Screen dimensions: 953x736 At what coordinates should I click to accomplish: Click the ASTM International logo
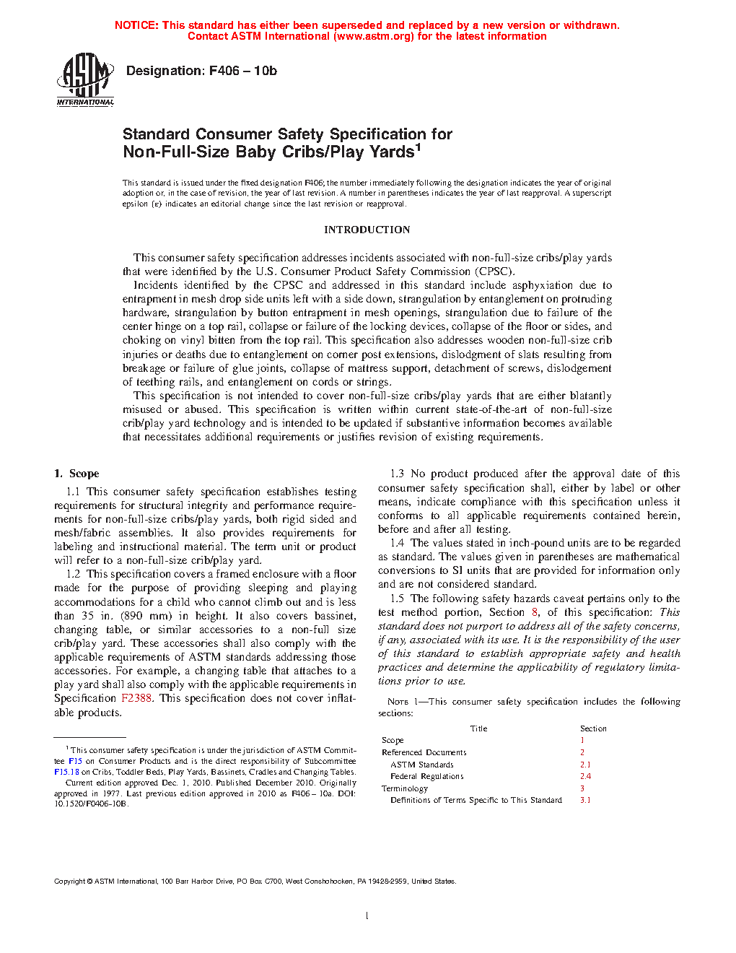[x=85, y=79]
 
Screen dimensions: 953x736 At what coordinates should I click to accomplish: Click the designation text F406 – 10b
[x=201, y=71]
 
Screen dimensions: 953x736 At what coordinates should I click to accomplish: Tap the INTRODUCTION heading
[x=367, y=230]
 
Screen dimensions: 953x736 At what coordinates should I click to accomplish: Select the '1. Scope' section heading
[x=76, y=474]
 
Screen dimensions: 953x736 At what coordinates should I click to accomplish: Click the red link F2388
[x=136, y=698]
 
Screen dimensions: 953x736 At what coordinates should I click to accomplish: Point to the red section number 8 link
[x=535, y=612]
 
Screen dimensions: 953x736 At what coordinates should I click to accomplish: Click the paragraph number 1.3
[x=397, y=474]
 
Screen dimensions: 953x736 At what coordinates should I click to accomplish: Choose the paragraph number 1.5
[x=397, y=599]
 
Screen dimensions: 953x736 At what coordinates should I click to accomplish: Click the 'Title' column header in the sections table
[x=478, y=728]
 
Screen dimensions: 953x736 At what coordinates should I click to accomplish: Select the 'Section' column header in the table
[x=593, y=728]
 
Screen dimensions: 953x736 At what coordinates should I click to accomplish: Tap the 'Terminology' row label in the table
[x=405, y=788]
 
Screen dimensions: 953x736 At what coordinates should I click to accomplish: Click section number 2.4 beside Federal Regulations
[x=585, y=776]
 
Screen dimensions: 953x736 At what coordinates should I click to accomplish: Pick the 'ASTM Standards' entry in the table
[x=422, y=765]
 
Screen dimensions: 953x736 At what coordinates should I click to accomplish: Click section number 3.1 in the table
[x=585, y=800]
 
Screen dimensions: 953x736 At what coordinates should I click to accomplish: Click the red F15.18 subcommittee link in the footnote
[x=66, y=772]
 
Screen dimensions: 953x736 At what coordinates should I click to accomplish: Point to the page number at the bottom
[x=367, y=916]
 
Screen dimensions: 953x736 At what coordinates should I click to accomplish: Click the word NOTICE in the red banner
[x=136, y=25]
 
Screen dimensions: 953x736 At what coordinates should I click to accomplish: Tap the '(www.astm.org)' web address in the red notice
[x=374, y=36]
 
